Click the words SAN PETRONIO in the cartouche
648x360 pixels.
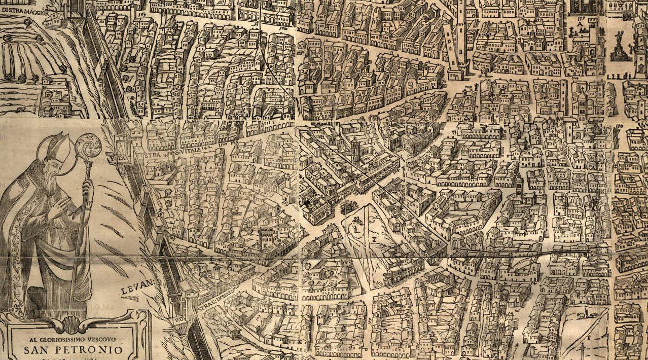[74, 350]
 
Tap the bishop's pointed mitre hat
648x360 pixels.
[59, 147]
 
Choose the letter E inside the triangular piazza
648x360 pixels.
[374, 236]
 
